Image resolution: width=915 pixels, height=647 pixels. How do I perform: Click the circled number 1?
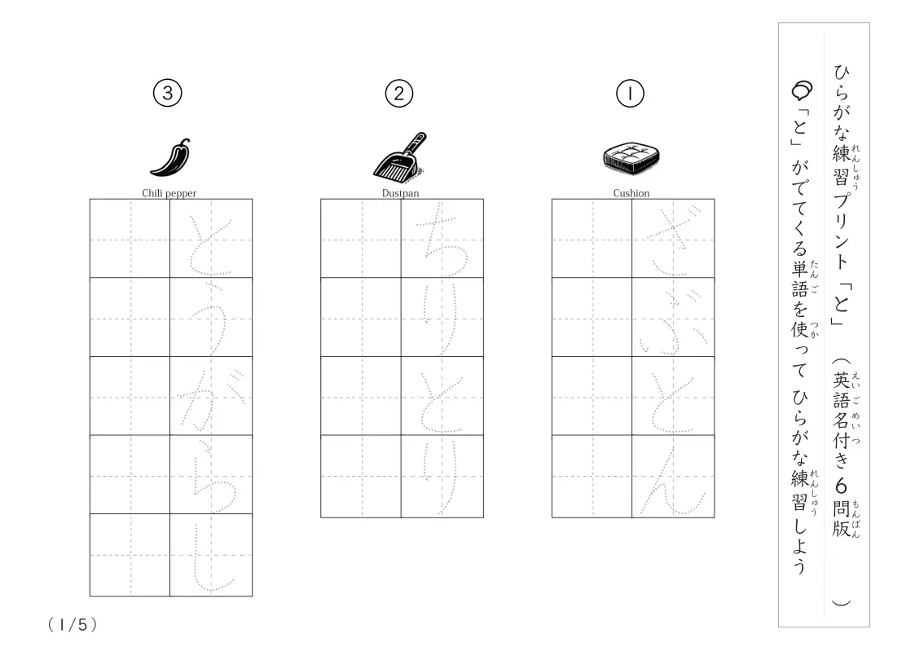pos(630,94)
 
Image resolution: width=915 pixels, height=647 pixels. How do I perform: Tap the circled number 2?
pos(399,94)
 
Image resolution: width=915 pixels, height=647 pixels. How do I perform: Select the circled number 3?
pos(168,93)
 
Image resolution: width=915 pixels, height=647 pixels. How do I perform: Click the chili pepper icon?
pos(170,157)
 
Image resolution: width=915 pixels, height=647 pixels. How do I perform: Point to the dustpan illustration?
pos(400,156)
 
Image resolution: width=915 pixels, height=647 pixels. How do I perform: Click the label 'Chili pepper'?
pos(169,193)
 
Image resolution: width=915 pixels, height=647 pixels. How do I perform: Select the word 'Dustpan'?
pos(400,193)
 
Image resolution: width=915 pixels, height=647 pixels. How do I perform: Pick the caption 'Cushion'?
pos(631,193)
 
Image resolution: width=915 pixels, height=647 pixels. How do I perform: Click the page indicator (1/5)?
pos(73,625)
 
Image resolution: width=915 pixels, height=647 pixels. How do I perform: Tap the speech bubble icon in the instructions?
pos(802,90)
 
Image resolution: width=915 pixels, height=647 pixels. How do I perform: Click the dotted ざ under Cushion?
pos(672,240)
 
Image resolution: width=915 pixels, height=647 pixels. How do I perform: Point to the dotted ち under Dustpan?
pos(441,240)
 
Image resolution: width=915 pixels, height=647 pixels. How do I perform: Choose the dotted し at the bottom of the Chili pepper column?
pos(211,557)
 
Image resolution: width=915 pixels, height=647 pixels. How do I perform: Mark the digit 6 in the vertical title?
pos(841,486)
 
